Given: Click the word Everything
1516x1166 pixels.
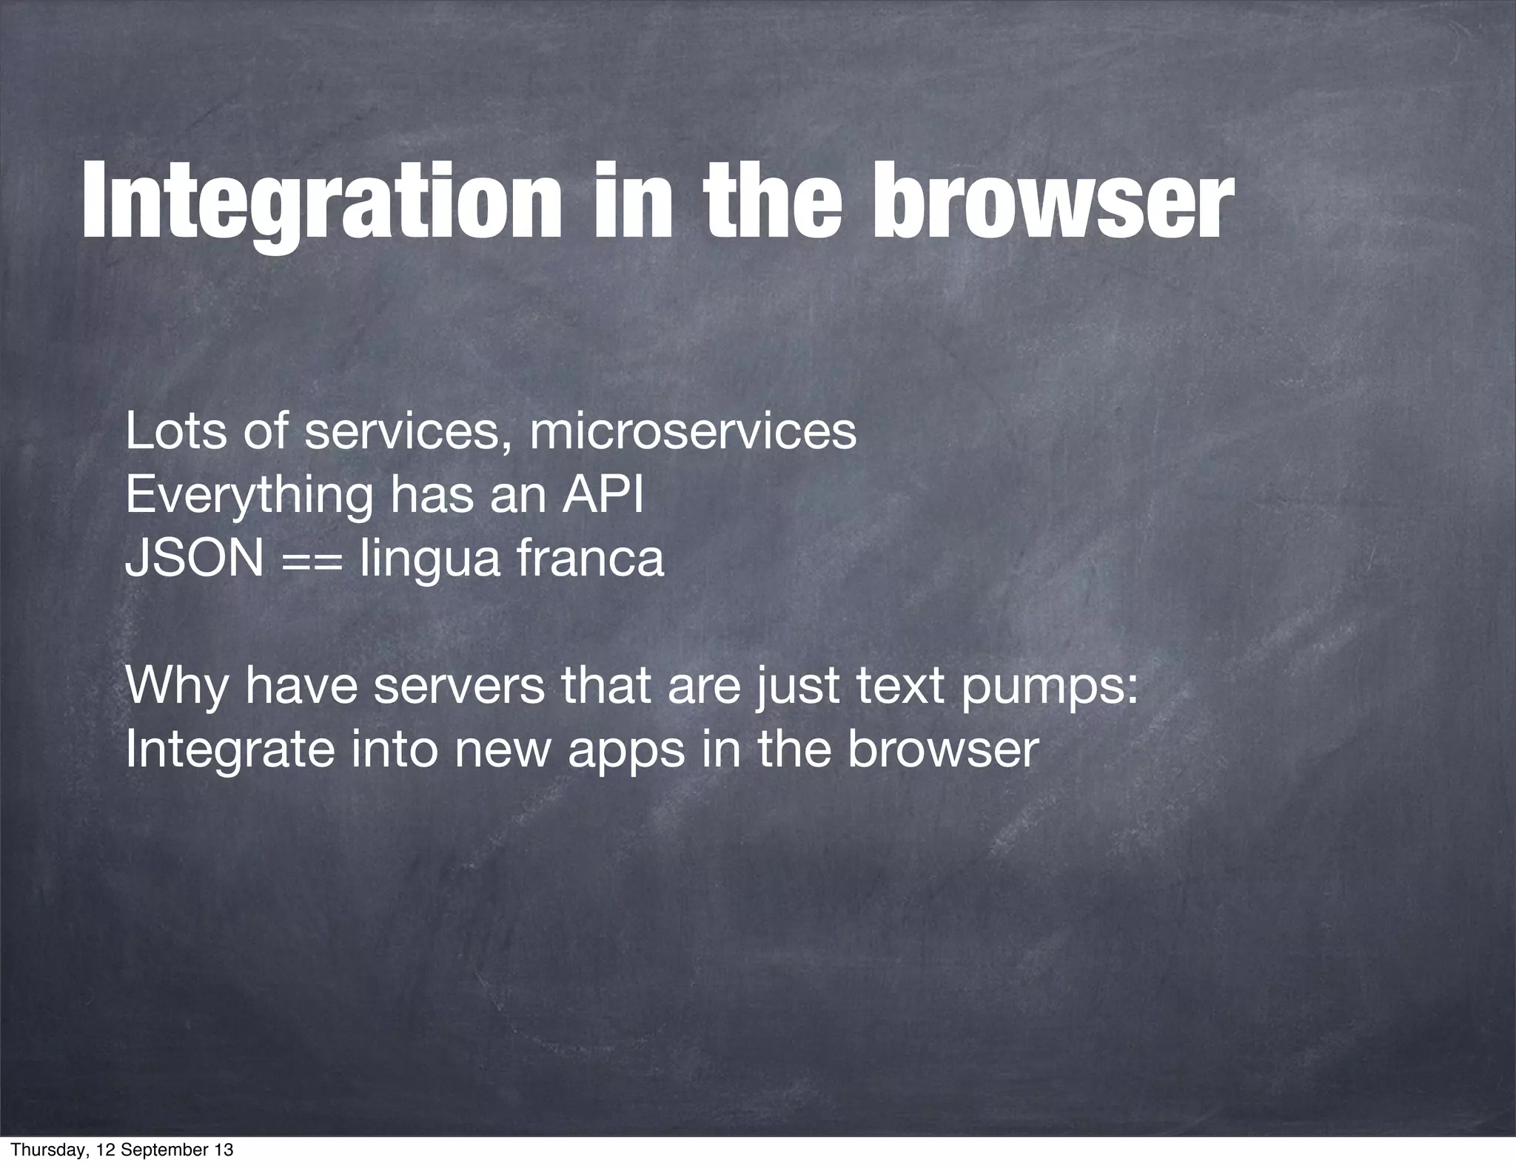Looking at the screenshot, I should pyautogui.click(x=249, y=496).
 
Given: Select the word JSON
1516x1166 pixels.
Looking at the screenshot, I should pyautogui.click(x=195, y=559).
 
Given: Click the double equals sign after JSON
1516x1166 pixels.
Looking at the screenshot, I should pyautogui.click(x=312, y=560).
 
